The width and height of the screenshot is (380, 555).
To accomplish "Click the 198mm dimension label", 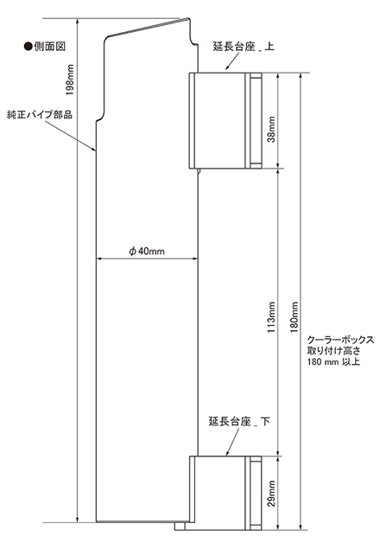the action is [70, 80].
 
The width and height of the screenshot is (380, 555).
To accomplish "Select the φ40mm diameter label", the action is [146, 251].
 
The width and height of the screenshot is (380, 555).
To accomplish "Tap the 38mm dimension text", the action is [271, 129].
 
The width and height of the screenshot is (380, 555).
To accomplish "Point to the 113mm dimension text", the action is [271, 317].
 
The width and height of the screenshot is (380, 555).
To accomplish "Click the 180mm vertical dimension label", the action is [294, 317].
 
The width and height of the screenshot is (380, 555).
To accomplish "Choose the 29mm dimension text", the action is [271, 494].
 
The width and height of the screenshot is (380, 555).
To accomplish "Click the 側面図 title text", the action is [50, 47].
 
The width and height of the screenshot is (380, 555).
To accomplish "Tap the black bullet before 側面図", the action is [28, 47].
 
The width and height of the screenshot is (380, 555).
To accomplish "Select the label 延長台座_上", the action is [244, 47].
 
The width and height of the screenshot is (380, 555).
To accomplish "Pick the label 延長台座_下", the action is [239, 422].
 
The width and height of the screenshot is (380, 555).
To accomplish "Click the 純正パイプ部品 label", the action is [40, 114].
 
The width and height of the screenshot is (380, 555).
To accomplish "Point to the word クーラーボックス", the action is [340, 340].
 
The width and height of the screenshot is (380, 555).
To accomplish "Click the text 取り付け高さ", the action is [333, 351].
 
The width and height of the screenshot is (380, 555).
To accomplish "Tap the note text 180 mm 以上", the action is [333, 361].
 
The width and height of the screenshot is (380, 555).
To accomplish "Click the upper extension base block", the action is [225, 120].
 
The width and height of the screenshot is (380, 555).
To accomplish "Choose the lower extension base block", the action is [225, 493].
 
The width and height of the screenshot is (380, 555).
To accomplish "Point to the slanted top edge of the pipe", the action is [149, 28].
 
